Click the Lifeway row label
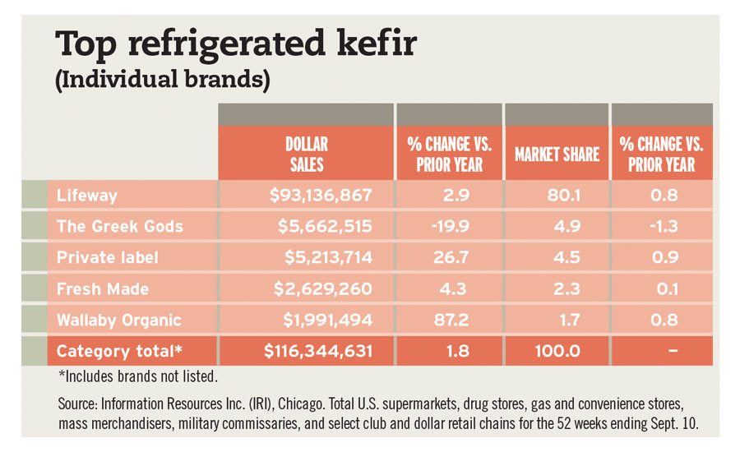click(x=87, y=196)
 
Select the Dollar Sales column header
click(x=306, y=154)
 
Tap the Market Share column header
click(x=557, y=154)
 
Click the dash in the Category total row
click(x=671, y=352)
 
